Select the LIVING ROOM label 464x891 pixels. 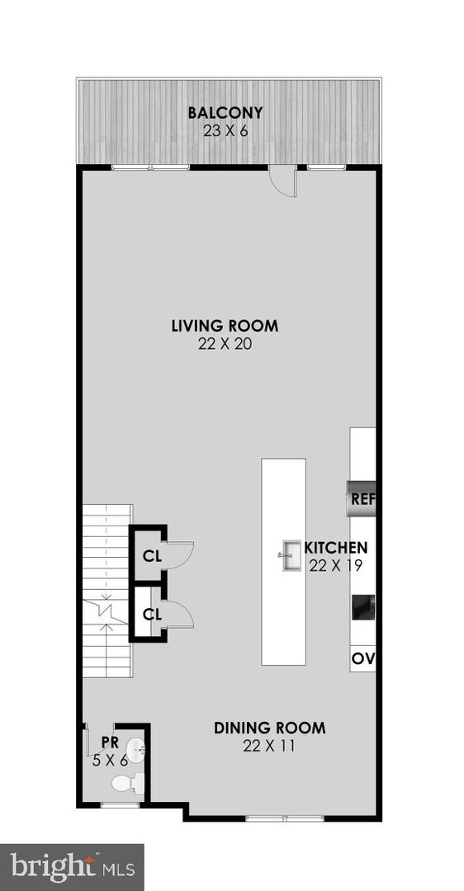(x=225, y=326)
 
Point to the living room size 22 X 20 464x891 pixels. (x=225, y=344)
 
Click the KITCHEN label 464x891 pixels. (x=336, y=548)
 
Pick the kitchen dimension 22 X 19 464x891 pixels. (x=336, y=565)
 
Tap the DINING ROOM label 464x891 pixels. (x=269, y=728)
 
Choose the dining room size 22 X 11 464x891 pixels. (x=269, y=746)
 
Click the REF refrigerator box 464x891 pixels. (x=362, y=498)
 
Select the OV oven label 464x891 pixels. (x=362, y=658)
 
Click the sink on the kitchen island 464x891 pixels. (x=290, y=555)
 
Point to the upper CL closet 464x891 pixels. (x=151, y=555)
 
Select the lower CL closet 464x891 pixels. (x=151, y=614)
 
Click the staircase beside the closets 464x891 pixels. (x=107, y=590)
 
